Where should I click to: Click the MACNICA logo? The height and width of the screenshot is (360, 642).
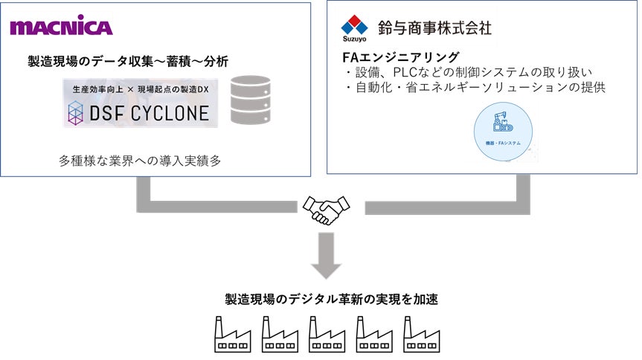pos(61,28)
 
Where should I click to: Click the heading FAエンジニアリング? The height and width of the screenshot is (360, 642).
pos(399,57)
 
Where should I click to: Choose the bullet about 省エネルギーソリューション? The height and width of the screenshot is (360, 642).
pos(475,86)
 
